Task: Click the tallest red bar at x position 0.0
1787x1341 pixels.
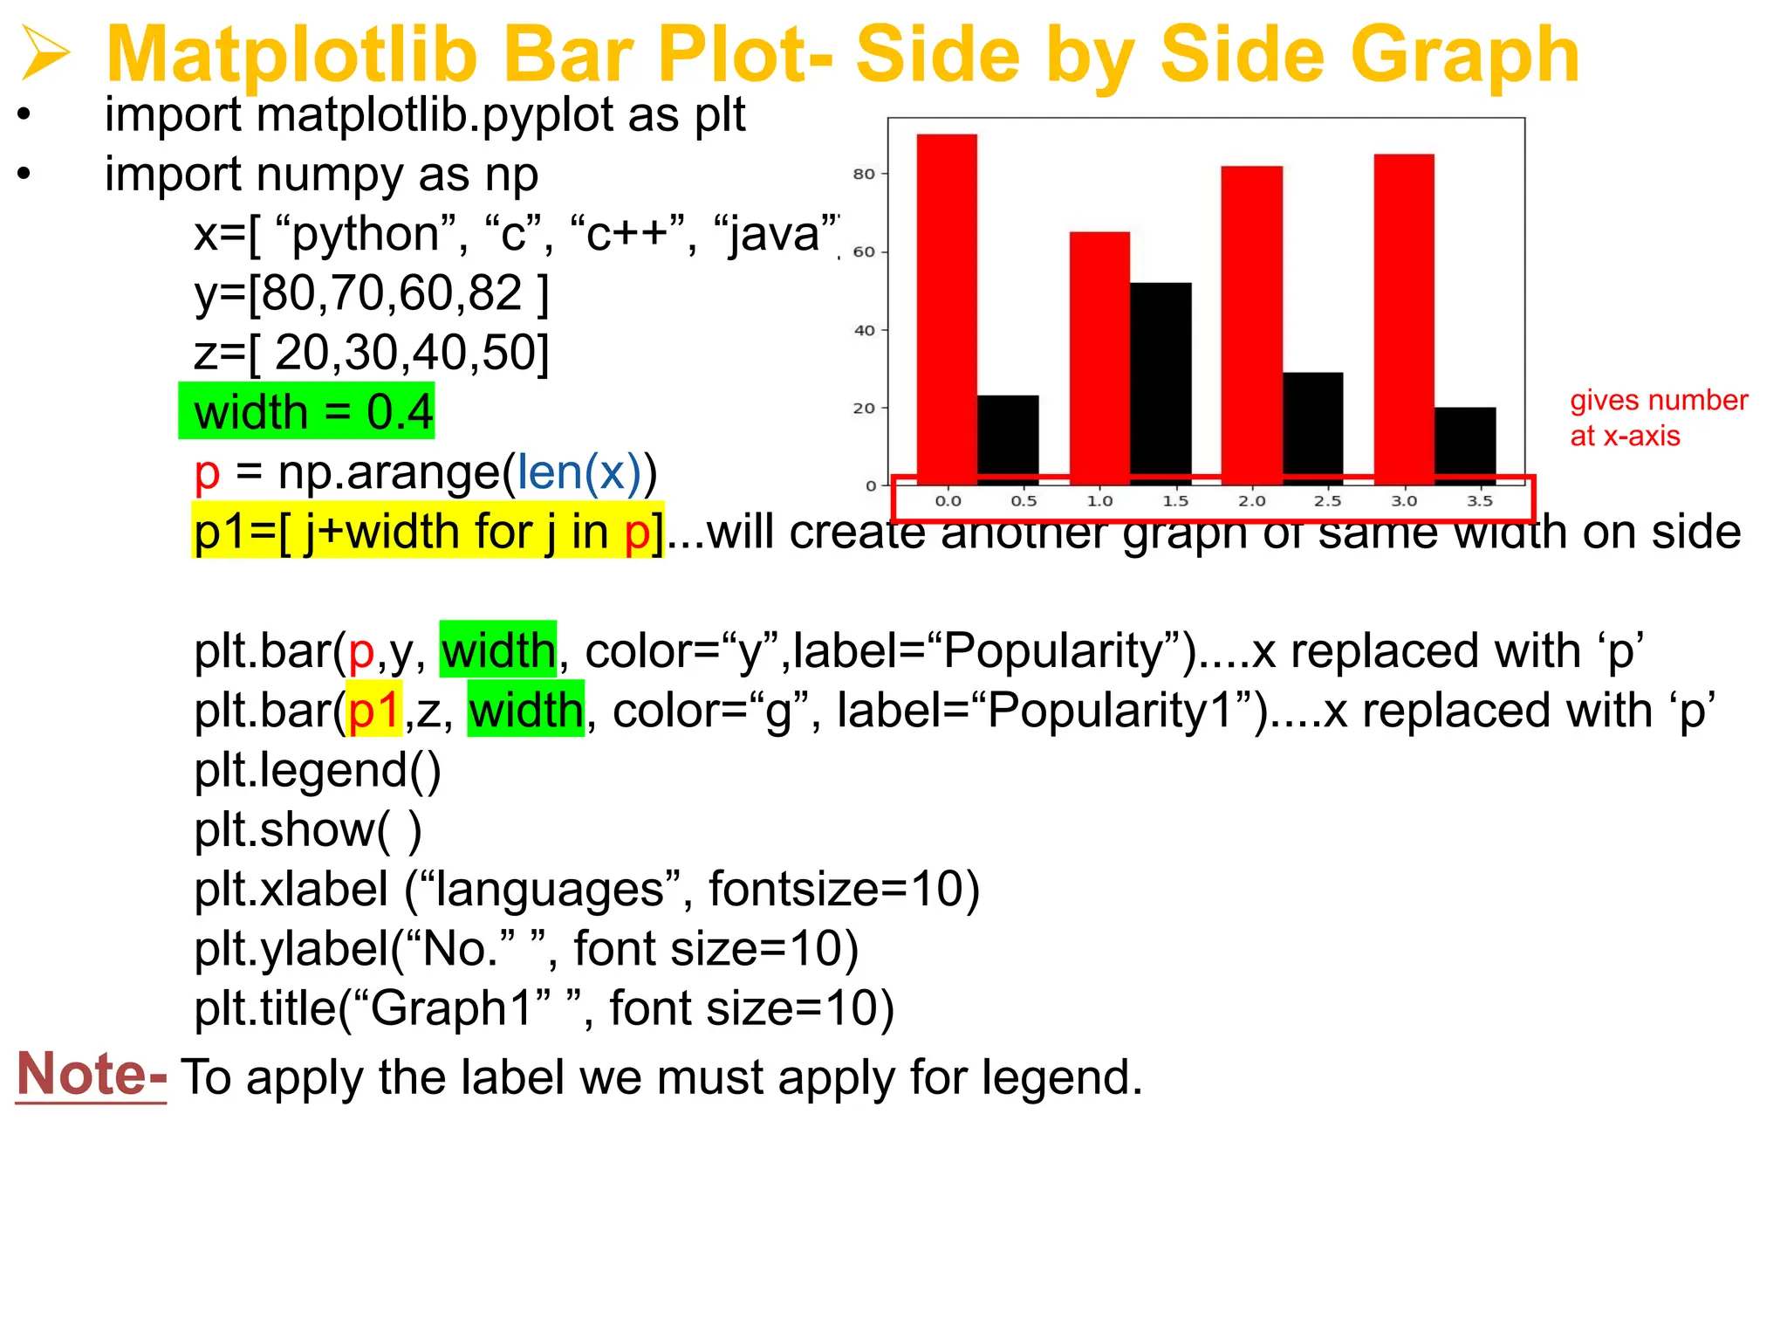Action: [x=947, y=306]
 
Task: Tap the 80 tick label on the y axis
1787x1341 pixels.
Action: [x=863, y=174]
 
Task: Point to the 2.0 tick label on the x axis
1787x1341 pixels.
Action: [x=1251, y=501]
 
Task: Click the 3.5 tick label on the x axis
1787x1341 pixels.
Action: [x=1480, y=501]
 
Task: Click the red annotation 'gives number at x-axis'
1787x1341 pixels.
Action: [x=1658, y=417]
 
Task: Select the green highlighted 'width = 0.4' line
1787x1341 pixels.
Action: [x=307, y=411]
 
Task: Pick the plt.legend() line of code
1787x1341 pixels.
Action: [x=318, y=770]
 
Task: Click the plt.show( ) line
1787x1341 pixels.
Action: [x=307, y=829]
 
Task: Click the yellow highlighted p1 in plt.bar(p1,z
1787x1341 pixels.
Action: [x=373, y=711]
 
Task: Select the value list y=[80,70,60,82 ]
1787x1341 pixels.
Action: [x=372, y=293]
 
